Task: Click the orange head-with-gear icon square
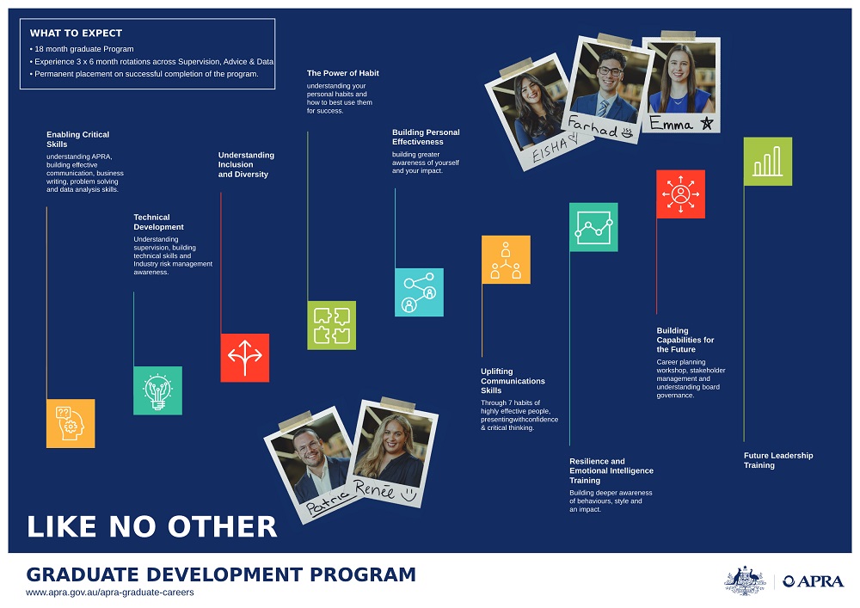coord(71,423)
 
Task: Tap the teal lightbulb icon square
coord(158,390)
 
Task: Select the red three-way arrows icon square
coord(244,358)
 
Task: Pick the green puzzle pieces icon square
coord(332,325)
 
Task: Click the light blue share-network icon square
coord(419,292)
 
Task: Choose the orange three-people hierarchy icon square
coord(506,260)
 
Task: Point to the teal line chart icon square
coord(593,227)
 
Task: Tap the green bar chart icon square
coord(768,161)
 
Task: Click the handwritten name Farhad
coord(593,126)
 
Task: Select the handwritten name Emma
coord(671,123)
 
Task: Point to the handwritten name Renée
coord(374,489)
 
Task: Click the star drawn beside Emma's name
coord(706,123)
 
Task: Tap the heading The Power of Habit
coord(343,73)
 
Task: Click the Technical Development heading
coord(158,222)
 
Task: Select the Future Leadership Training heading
coord(778,461)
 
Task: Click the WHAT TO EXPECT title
coord(77,33)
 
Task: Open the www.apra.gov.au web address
coord(110,593)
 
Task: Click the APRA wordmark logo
coord(814,581)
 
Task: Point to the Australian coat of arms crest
coord(745,580)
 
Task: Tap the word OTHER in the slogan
coord(222,527)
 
